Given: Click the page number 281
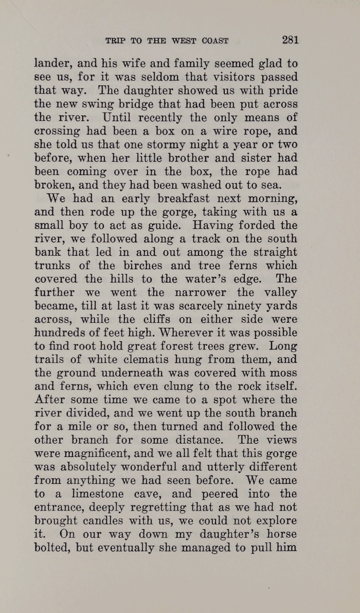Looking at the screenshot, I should coord(290,40).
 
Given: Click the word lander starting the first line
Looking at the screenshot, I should coord(50,64).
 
